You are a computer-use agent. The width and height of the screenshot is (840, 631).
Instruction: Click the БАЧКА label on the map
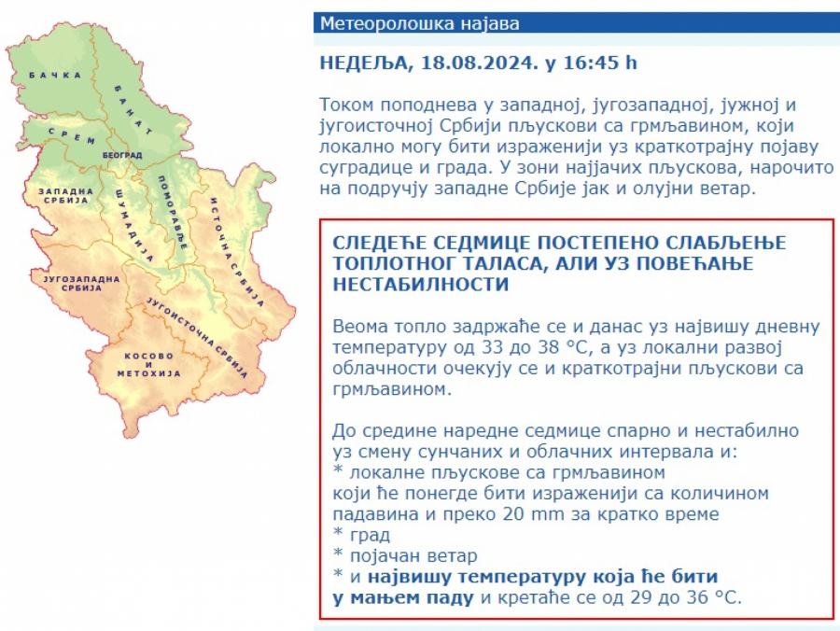tap(55, 76)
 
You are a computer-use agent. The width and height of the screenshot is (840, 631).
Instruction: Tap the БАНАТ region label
tap(133, 110)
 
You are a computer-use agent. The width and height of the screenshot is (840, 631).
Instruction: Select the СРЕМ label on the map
tap(72, 136)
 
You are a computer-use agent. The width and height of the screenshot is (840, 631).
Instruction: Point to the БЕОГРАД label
tap(122, 155)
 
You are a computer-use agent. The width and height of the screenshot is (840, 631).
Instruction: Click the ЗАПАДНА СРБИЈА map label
tap(66, 195)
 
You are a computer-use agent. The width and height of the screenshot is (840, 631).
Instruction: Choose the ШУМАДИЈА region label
tap(133, 226)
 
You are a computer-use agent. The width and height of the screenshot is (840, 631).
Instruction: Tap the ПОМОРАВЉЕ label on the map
tap(173, 213)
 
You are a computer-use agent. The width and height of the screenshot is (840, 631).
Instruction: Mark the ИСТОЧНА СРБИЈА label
tap(237, 252)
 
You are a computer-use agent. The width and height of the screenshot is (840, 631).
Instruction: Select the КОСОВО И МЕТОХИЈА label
tap(149, 365)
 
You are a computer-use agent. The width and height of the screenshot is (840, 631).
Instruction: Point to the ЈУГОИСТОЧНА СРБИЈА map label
tap(197, 337)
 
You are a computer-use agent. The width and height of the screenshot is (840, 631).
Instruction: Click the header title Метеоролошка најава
tap(419, 23)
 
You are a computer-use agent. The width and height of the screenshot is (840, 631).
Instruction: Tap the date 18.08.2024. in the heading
tap(480, 63)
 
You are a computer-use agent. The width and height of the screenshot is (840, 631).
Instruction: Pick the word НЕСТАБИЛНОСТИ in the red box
tap(421, 284)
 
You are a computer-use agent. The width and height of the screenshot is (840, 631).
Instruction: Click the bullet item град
tap(370, 536)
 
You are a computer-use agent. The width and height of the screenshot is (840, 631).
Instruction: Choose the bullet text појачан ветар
tap(413, 556)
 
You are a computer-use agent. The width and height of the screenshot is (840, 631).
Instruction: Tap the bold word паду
tap(450, 597)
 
